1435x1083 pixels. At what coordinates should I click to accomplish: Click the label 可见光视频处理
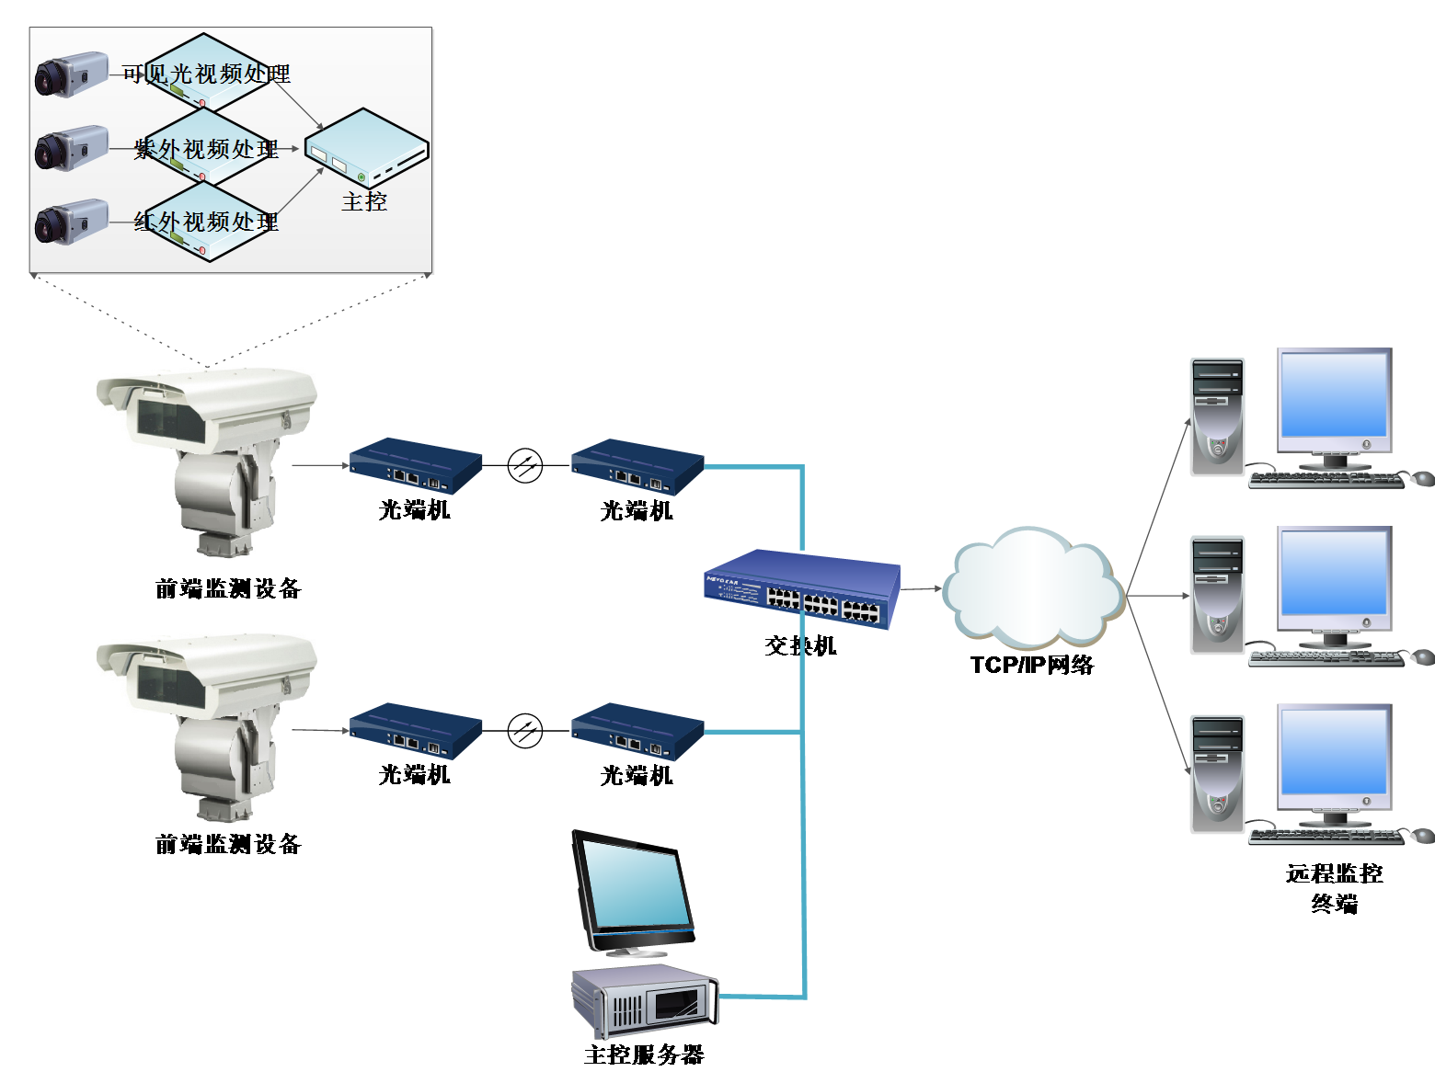pyautogui.click(x=206, y=74)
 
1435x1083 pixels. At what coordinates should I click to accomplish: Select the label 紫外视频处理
pyautogui.click(x=206, y=149)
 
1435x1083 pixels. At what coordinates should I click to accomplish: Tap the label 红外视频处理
pyautogui.click(x=206, y=222)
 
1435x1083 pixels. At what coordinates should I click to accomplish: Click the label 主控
pyautogui.click(x=364, y=201)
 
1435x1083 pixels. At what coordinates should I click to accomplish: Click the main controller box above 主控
pyautogui.click(x=366, y=147)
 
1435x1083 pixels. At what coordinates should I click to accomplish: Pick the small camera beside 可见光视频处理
pyautogui.click(x=71, y=74)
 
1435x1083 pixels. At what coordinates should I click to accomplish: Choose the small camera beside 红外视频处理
pyautogui.click(x=71, y=222)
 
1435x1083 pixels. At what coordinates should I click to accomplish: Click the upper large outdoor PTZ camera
pyautogui.click(x=207, y=460)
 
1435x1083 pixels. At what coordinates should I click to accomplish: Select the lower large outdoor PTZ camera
pyautogui.click(x=207, y=726)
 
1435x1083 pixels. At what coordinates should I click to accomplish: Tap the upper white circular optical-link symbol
pyautogui.click(x=525, y=466)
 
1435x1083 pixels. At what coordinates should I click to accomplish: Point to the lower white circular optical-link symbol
pyautogui.click(x=525, y=731)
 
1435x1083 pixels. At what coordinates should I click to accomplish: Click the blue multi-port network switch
pyautogui.click(x=801, y=588)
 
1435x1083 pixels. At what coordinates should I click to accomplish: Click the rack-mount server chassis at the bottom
pyautogui.click(x=644, y=1000)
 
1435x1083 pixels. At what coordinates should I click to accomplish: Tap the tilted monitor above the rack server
pyautogui.click(x=634, y=892)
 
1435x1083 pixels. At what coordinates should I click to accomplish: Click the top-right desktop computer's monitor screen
pyautogui.click(x=1334, y=395)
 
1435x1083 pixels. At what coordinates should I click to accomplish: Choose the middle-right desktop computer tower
pyautogui.click(x=1217, y=595)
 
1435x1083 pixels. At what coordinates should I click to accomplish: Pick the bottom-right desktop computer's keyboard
pyautogui.click(x=1326, y=835)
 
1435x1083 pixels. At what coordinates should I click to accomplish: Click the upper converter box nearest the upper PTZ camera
pyautogui.click(x=416, y=465)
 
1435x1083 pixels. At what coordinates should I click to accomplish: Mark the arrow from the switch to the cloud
pyautogui.click(x=921, y=588)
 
